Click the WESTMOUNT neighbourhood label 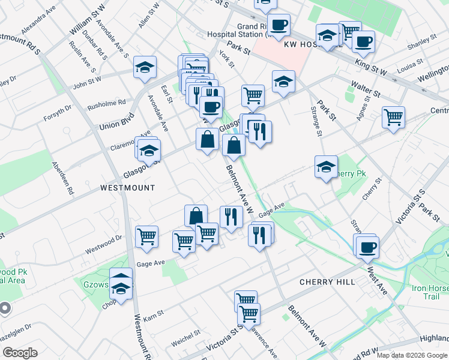pos(127,188)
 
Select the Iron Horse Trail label pos(430,292)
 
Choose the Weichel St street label pos(185,337)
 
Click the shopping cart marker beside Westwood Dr pos(146,238)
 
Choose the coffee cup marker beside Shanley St pos(363,41)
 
